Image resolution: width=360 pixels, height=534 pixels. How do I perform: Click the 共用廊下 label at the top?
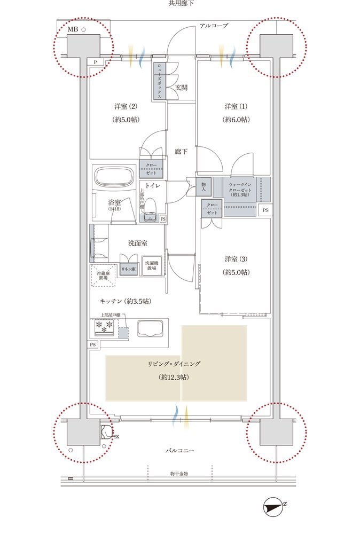(x=181, y=4)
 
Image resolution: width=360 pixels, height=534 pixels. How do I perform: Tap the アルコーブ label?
(x=214, y=26)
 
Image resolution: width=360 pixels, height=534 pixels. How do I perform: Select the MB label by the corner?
(x=73, y=30)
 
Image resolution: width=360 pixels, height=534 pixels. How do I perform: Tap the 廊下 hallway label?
(x=181, y=152)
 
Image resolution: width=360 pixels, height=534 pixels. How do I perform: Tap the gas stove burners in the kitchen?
(x=105, y=326)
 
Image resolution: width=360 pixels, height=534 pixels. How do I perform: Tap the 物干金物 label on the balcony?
(x=179, y=474)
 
